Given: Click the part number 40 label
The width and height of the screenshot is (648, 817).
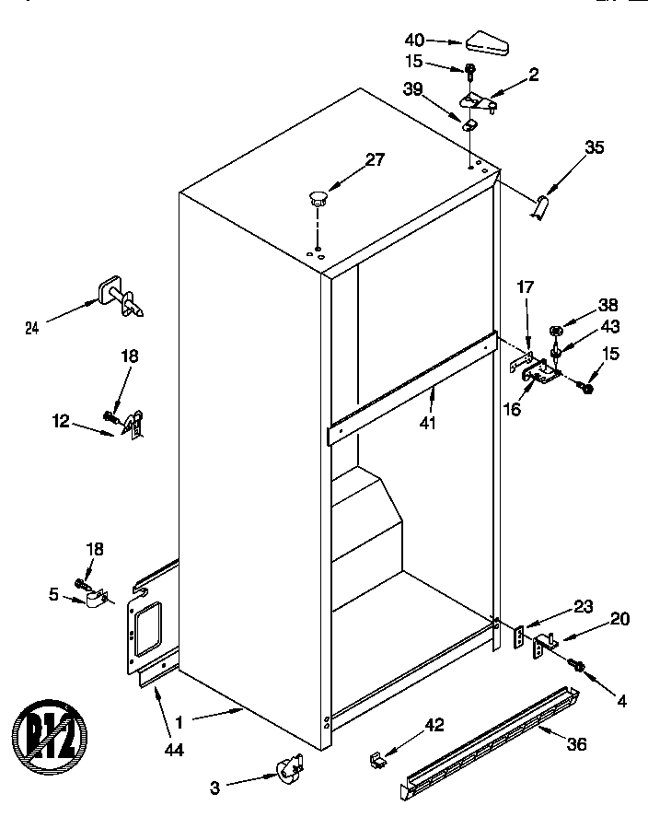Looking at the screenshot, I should pos(416,40).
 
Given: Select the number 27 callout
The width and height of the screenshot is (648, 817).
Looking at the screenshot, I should pos(375,160).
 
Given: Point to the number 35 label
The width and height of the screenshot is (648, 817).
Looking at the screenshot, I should pos(595,146).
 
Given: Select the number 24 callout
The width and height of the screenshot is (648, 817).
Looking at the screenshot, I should pos(32,325).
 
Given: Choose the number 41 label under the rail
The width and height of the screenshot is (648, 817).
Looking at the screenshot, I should pos(428,423).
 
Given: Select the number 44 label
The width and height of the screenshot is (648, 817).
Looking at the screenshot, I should pos(173,751).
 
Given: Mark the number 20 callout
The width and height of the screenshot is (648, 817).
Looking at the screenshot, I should pos(619,619).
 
